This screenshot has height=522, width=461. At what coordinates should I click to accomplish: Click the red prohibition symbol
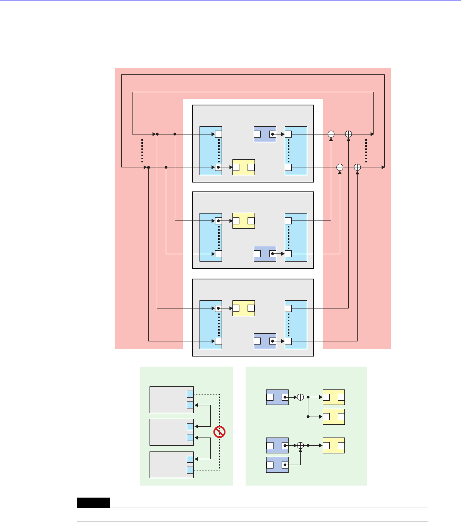[x=219, y=432]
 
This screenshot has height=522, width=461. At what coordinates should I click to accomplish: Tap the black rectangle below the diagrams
[x=93, y=503]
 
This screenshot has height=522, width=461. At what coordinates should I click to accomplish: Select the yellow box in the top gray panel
[x=243, y=167]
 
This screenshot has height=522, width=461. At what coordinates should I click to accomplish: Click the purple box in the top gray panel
[x=265, y=134]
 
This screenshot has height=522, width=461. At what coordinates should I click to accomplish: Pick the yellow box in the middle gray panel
[x=243, y=221]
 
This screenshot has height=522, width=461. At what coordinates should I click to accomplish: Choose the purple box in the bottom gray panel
[x=265, y=341]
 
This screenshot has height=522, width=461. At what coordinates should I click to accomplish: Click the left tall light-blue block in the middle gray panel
[x=210, y=237]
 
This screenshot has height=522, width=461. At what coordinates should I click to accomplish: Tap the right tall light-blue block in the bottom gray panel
[x=296, y=324]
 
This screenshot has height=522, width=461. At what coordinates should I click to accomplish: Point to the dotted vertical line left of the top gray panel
[x=142, y=150]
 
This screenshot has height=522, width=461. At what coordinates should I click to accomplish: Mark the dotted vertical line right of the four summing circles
[x=366, y=150]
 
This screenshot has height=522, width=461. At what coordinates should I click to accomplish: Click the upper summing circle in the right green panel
[x=300, y=397]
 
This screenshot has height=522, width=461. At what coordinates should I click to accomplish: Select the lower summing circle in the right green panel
[x=300, y=446]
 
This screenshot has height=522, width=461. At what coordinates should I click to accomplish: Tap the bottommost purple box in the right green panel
[x=277, y=465]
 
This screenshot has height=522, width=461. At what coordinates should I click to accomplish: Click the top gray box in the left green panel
[x=172, y=400]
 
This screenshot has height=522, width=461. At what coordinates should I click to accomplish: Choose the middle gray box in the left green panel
[x=172, y=432]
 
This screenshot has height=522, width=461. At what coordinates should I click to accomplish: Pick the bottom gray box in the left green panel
[x=172, y=465]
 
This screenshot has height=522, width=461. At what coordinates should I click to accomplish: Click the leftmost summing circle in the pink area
[x=331, y=134]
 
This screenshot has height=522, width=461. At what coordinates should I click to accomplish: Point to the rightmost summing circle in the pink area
[x=357, y=167]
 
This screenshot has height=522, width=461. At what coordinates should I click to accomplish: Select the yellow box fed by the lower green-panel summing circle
[x=333, y=446]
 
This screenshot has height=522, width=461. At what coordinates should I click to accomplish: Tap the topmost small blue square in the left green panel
[x=190, y=394]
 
